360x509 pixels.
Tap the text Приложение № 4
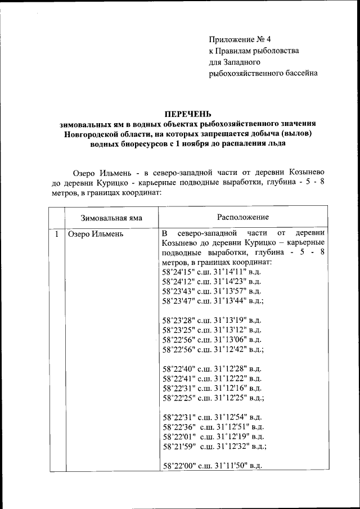240,39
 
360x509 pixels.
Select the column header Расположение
242,217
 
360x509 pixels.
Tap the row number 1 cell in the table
57,233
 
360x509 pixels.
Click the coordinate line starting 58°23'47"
213,301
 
